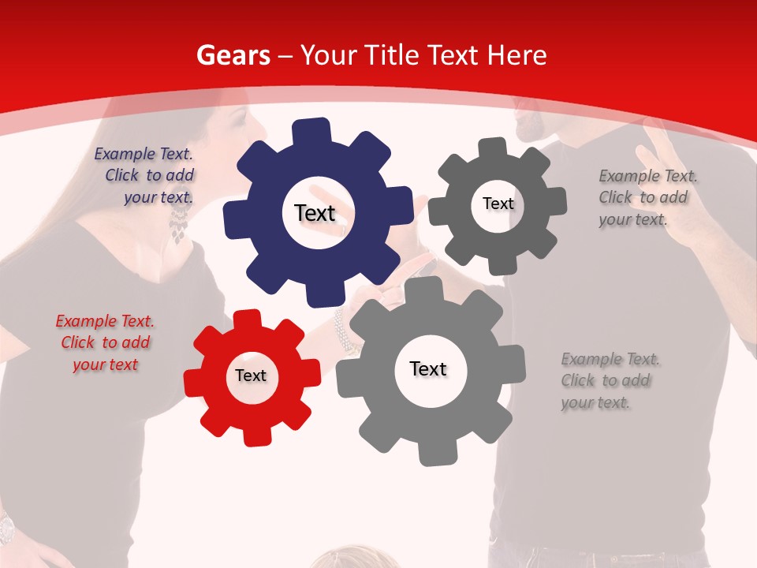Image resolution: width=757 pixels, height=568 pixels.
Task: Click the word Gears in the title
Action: [x=233, y=55]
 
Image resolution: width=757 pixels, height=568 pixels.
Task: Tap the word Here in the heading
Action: [x=516, y=55]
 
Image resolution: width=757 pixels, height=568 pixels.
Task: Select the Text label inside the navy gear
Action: [x=315, y=213]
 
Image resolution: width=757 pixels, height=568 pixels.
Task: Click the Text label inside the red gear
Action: [x=251, y=376]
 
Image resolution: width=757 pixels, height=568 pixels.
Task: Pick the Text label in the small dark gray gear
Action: [x=498, y=204]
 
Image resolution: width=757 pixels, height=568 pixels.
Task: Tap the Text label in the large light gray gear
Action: [x=428, y=369]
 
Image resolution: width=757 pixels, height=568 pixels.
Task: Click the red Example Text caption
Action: [x=105, y=343]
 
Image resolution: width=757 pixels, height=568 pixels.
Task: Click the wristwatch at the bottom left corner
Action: [x=6, y=527]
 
